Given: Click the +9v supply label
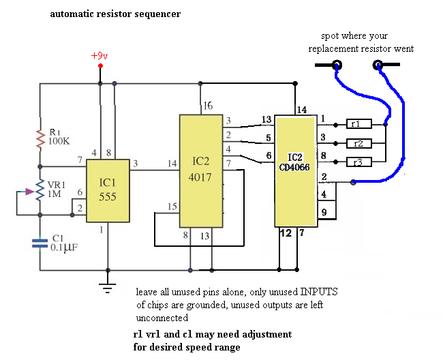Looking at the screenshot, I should click(x=100, y=55).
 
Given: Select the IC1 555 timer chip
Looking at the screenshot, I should click(x=108, y=191).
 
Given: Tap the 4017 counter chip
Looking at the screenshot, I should click(x=200, y=170).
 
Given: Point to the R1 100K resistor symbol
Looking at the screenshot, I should click(x=40, y=139).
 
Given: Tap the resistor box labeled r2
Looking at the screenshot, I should click(x=358, y=143).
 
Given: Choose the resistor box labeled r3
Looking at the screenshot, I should click(x=358, y=162).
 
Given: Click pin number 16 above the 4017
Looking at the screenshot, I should click(x=209, y=106).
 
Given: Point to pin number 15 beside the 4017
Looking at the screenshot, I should click(x=173, y=207).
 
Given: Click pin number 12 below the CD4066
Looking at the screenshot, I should click(x=286, y=234).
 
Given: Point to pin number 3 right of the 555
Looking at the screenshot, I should click(x=136, y=163).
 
